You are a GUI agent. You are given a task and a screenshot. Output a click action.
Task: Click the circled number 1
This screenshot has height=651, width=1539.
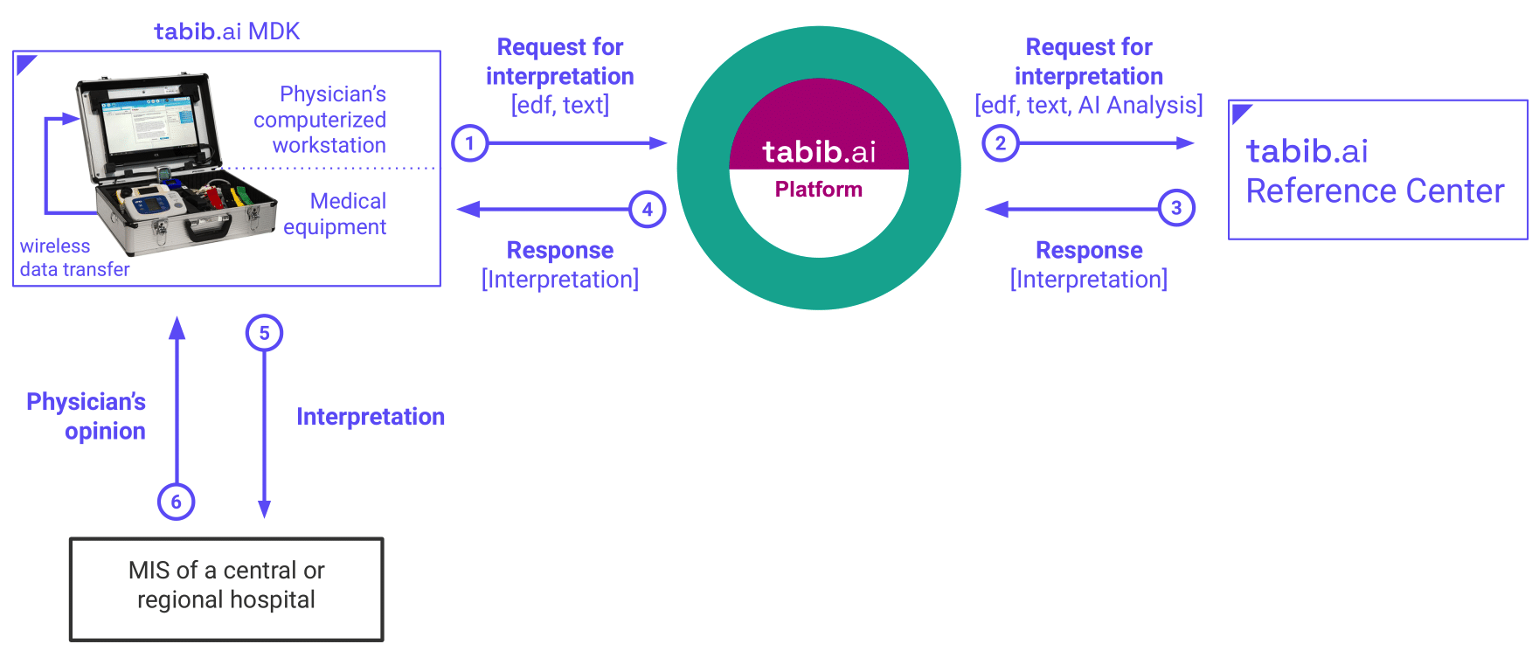(x=470, y=143)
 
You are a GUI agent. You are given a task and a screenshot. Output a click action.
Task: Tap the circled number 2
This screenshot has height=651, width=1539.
(x=1001, y=143)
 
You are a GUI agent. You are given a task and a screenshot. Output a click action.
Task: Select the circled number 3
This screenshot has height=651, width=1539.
(x=1176, y=208)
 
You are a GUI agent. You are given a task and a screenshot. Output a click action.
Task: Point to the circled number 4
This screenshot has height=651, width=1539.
(x=648, y=210)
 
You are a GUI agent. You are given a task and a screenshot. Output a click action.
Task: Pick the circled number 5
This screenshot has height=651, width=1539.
(x=264, y=333)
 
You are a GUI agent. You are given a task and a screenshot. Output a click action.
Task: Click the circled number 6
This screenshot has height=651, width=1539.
(x=176, y=502)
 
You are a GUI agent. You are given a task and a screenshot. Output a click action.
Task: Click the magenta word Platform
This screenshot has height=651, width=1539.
(x=819, y=190)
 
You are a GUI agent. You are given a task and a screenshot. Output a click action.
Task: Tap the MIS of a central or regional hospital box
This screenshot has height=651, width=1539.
(x=226, y=590)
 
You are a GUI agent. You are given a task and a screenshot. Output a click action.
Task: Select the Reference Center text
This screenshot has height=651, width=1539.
(x=1375, y=191)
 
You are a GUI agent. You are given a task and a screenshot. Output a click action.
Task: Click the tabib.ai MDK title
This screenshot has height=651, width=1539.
(x=227, y=31)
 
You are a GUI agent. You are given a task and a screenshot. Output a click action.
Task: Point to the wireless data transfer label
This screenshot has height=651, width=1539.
(x=75, y=258)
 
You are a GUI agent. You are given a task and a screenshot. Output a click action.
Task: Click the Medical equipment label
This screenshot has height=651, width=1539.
(x=336, y=214)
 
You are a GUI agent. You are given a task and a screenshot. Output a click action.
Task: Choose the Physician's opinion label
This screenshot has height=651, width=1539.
(x=87, y=416)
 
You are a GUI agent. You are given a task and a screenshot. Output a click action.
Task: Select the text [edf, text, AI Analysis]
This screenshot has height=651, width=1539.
(x=1089, y=105)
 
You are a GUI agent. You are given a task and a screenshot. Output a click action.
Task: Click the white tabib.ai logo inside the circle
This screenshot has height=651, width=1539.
(x=819, y=152)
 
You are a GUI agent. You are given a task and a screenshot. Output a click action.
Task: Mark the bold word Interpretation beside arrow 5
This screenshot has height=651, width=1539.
(x=371, y=417)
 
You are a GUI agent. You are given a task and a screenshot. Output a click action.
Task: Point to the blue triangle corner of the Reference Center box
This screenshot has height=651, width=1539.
(x=1238, y=111)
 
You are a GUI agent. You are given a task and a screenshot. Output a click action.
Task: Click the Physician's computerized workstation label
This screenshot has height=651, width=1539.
(x=321, y=120)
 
